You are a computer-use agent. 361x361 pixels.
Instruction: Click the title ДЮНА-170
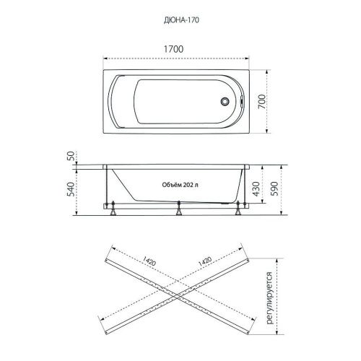click(181, 20)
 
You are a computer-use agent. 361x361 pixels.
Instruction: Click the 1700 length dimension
click(173, 49)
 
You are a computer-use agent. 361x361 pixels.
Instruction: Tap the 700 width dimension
click(262, 102)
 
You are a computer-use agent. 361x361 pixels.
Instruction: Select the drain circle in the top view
click(225, 101)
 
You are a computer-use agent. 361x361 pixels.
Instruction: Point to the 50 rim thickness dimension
click(71, 156)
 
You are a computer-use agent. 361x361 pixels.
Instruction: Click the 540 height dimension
click(71, 189)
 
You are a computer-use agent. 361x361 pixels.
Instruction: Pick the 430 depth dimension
click(256, 188)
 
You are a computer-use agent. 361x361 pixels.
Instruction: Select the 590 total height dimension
click(274, 188)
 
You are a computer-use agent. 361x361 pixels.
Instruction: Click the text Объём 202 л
click(180, 185)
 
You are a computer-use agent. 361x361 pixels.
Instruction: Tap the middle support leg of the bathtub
click(178, 208)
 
